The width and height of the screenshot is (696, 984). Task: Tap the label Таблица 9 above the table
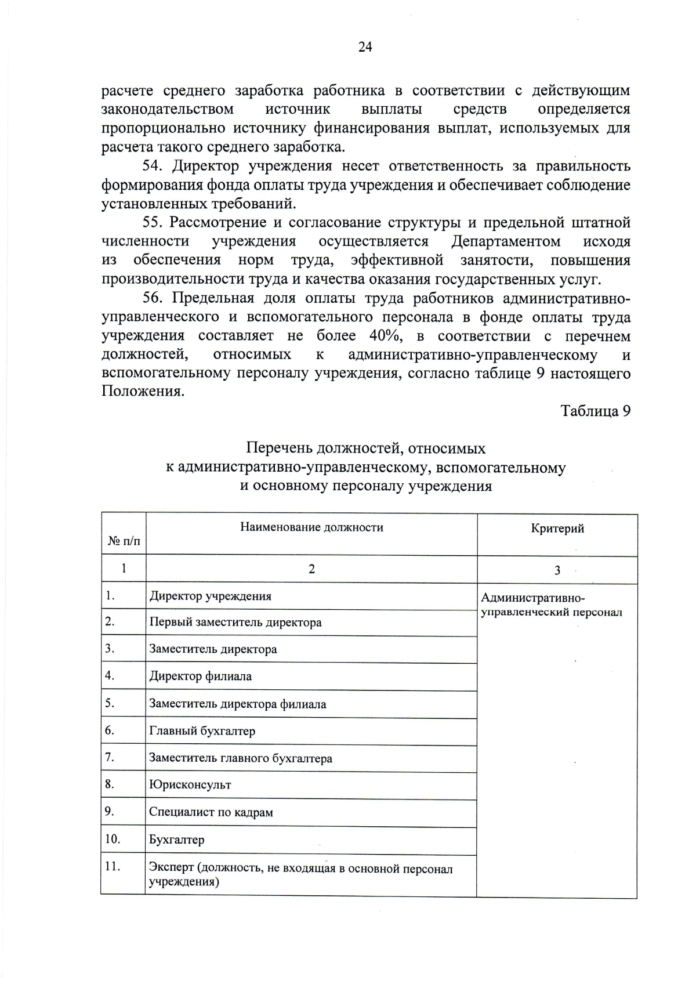[x=595, y=411]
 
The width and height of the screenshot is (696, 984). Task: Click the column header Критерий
[x=557, y=529]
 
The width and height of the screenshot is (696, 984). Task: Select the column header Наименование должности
[x=311, y=527]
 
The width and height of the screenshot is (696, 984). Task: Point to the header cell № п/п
[x=124, y=541]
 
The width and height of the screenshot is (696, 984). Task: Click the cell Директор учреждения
[x=210, y=596]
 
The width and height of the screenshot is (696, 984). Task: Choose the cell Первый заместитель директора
[x=235, y=623]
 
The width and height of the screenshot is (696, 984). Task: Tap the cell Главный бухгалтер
[x=202, y=731]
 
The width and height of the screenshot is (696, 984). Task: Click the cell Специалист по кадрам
[x=211, y=812]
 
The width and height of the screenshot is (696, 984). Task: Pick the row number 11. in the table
[x=113, y=866]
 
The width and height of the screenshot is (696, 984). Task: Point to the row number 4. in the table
[x=110, y=675]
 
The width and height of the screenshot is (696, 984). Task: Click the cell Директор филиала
[x=200, y=676]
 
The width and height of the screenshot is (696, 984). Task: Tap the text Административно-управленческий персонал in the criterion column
[x=551, y=605]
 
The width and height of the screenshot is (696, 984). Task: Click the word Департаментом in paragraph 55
[x=506, y=241]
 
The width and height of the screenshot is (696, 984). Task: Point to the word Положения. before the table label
[x=143, y=392]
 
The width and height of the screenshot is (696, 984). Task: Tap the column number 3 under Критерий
[x=557, y=570]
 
